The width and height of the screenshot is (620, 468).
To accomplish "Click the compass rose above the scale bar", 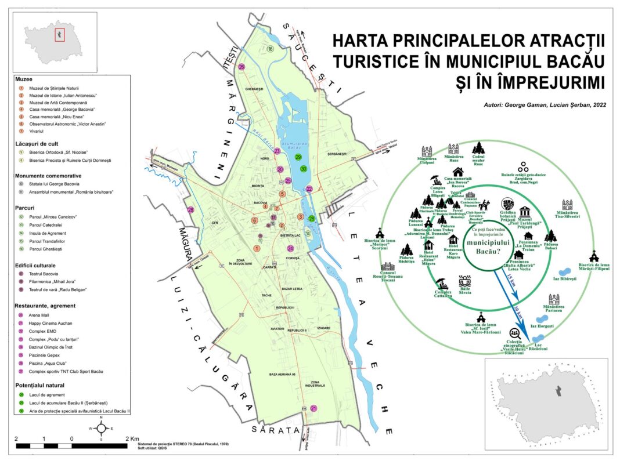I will tap(101, 429).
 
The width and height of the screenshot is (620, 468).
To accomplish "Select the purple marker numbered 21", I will tap(314, 408).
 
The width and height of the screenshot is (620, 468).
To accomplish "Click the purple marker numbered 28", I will tap(190, 210).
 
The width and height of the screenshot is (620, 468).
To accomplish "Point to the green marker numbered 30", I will tap(303, 169).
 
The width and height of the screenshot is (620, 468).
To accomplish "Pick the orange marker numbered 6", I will tap(254, 220).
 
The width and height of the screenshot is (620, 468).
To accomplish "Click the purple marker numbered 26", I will tap(241, 67).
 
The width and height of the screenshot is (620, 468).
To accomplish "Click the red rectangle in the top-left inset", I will tap(59, 35).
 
